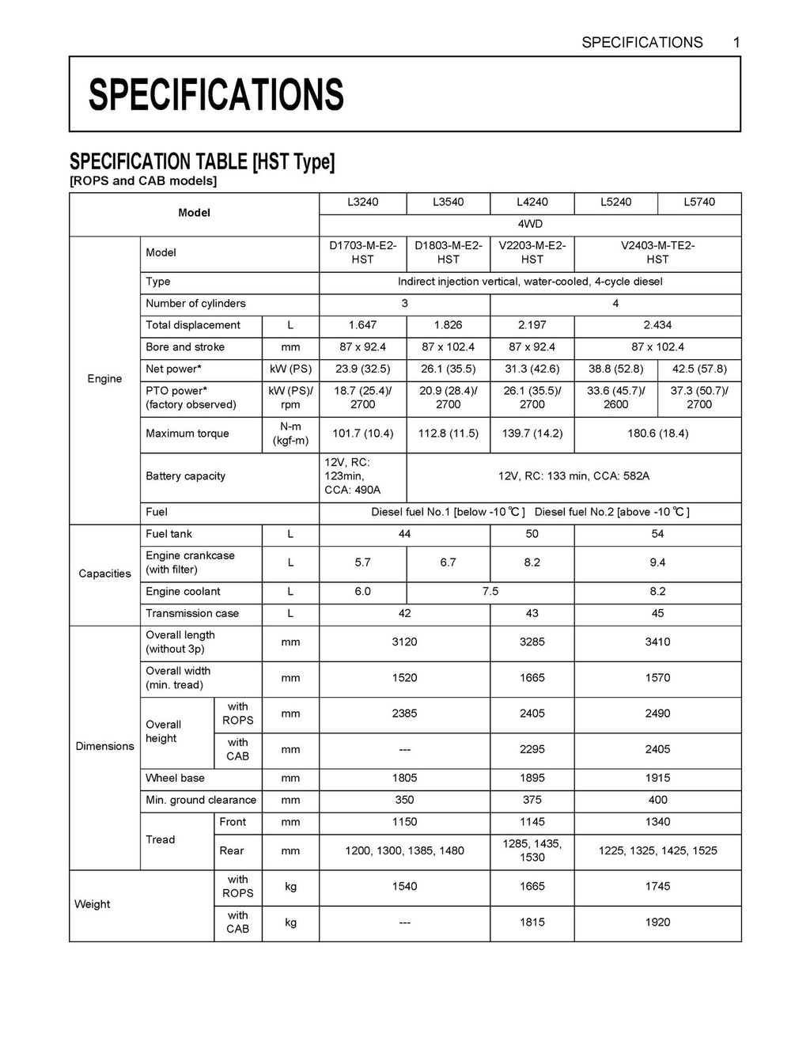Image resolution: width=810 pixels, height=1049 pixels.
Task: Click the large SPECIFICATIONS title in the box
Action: [216, 95]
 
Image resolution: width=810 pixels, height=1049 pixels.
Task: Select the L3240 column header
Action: [363, 203]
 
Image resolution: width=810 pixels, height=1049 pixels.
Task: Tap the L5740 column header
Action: [699, 203]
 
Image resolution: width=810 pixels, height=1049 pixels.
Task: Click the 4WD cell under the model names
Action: [530, 225]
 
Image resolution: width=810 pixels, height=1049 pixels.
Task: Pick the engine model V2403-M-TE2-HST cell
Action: [657, 252]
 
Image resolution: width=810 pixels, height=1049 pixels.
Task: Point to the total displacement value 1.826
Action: [448, 325]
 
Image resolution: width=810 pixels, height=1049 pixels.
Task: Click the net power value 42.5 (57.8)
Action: [699, 369]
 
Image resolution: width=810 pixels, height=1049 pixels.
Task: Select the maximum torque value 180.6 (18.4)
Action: [657, 434]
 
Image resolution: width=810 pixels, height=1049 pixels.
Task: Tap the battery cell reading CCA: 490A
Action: [352, 490]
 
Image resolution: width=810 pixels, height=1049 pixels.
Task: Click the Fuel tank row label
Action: [169, 534]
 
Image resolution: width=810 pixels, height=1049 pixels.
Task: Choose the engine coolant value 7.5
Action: [490, 592]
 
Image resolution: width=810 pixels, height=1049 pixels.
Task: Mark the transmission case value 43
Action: [532, 614]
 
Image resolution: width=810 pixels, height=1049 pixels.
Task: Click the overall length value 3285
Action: [532, 642]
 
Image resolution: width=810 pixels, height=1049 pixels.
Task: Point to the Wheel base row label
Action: [175, 778]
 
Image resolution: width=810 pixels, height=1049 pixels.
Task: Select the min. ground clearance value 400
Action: [657, 800]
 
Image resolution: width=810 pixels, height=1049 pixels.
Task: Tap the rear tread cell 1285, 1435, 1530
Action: [532, 850]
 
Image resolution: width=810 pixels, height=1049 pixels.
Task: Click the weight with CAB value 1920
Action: [657, 922]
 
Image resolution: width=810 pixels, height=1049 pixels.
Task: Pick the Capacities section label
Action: [104, 574]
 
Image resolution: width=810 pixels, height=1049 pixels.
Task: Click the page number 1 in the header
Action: [736, 43]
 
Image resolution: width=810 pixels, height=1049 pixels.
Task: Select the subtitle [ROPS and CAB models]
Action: [143, 181]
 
